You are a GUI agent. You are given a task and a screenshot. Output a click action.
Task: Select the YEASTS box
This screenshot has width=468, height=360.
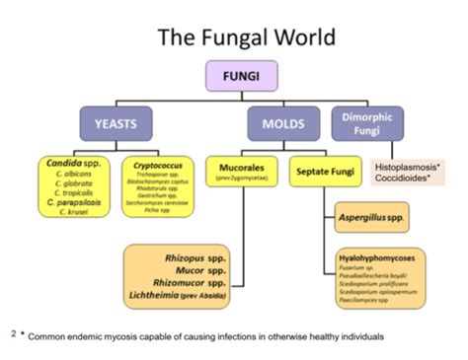(116, 124)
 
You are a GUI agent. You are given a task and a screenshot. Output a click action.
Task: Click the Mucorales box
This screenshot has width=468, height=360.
(238, 173)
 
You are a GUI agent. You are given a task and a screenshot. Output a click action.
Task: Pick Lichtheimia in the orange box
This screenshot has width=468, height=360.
(208, 295)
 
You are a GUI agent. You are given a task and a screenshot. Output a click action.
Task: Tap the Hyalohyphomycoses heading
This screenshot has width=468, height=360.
(373, 258)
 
